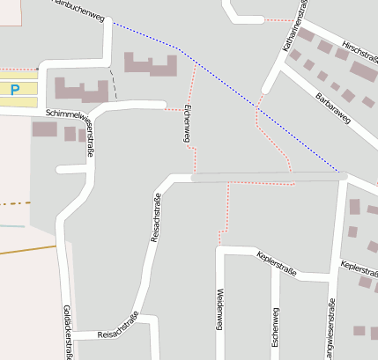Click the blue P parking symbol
[14, 89]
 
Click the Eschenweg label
[275, 327]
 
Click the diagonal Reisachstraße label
[157, 217]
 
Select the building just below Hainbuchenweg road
[151, 63]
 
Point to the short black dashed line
[114, 85]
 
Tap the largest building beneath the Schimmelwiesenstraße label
[44, 129]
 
